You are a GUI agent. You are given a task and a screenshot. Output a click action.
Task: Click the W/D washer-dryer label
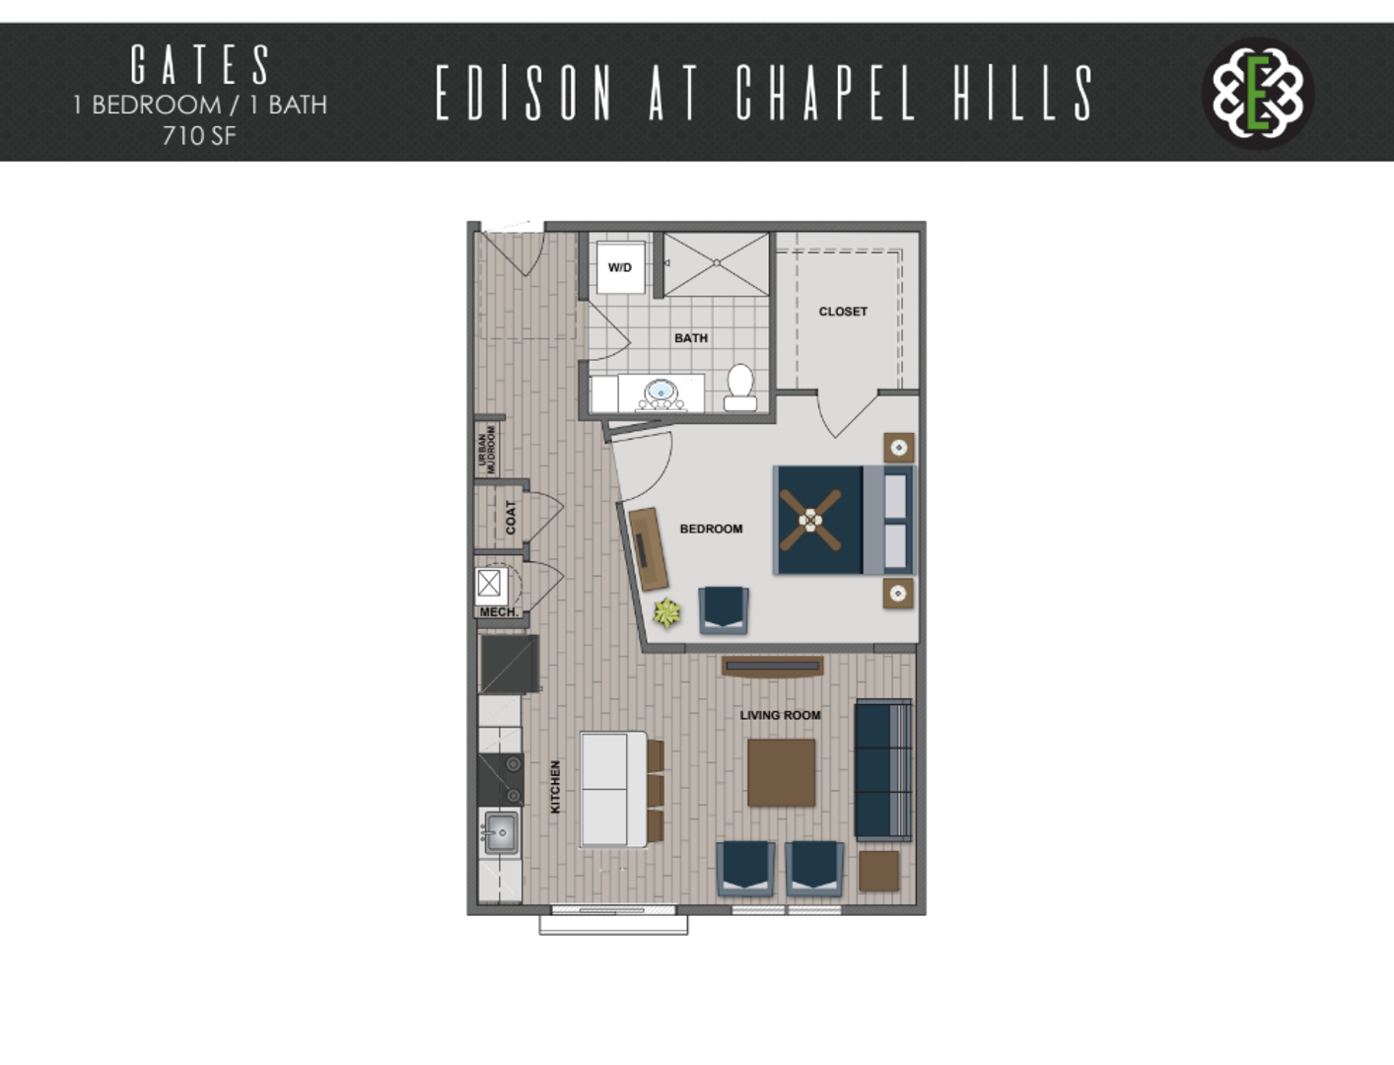coord(619,267)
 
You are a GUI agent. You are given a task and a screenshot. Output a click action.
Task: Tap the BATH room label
coord(691,338)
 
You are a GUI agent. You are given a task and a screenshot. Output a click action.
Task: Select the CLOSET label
coord(843,312)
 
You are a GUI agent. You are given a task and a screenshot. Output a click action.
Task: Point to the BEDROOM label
coord(711,529)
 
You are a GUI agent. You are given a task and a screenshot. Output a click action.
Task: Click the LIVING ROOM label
coord(780,715)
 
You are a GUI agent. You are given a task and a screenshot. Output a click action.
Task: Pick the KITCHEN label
coord(555,787)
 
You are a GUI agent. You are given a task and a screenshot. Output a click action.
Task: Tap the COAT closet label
coord(511,518)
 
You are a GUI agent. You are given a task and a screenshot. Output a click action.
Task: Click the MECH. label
coord(499,612)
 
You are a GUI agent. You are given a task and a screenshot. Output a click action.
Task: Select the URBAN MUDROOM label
coord(486,450)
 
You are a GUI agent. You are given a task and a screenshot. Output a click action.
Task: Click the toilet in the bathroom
coord(739,388)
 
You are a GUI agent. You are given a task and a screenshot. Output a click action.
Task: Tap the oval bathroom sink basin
coord(661,390)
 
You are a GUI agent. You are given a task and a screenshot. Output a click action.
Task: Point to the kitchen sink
coord(501,832)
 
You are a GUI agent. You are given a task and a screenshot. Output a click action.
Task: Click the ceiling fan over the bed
coord(810,520)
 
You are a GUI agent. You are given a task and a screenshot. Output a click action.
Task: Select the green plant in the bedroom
coord(666,612)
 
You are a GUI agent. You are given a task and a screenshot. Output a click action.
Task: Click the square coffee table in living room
coord(781,772)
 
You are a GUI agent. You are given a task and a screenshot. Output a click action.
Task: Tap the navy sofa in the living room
coord(883,770)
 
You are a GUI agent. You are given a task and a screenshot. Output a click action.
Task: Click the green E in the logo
coord(1258,94)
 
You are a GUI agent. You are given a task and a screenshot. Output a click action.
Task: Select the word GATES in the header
coord(201,64)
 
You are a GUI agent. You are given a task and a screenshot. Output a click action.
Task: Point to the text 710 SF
coord(199,136)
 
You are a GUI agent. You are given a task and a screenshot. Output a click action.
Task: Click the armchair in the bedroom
coord(724,610)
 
